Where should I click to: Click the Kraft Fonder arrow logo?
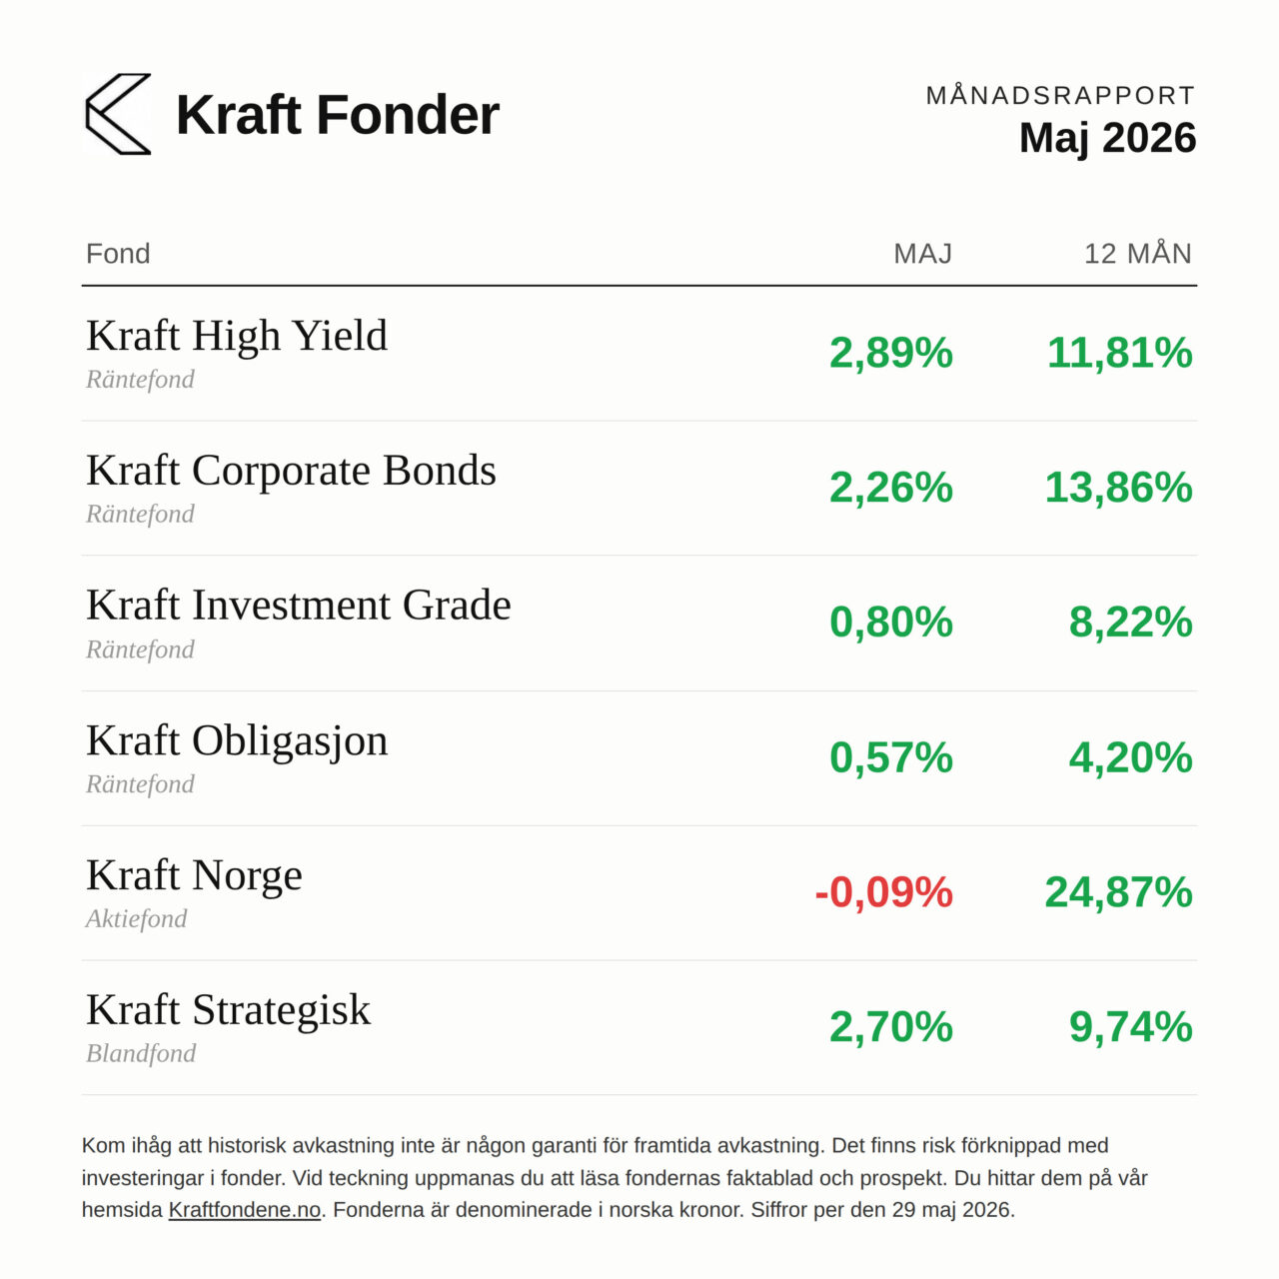[x=118, y=114]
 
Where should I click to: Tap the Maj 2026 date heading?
[x=1107, y=139]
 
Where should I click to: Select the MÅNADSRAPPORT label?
[x=1060, y=96]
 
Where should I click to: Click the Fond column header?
[x=118, y=254]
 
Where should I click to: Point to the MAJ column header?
[x=922, y=254]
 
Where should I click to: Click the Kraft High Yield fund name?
[x=236, y=336]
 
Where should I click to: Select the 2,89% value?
[x=890, y=353]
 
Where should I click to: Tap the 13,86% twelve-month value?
[x=1118, y=488]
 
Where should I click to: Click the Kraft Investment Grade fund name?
[x=299, y=605]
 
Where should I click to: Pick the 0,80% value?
[x=890, y=623]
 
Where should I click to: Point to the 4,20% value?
[x=1130, y=758]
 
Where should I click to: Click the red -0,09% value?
[x=883, y=892]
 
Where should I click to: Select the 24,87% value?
[x=1118, y=892]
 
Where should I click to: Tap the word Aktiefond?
[x=136, y=919]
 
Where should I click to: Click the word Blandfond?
[x=141, y=1054]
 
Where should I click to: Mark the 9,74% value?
[x=1130, y=1027]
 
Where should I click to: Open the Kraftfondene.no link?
[x=244, y=1209]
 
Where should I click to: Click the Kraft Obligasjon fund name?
[x=237, y=741]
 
